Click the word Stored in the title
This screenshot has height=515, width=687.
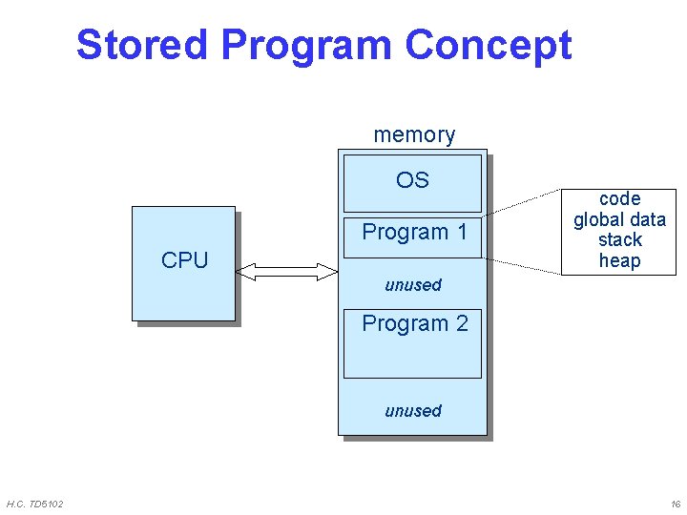[142, 45]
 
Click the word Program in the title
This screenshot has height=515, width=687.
[306, 45]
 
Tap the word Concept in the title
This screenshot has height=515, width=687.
[488, 45]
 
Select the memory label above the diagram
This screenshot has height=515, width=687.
[414, 134]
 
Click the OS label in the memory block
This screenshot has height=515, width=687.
[412, 180]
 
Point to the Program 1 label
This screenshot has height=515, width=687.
[414, 232]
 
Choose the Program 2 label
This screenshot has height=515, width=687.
[414, 323]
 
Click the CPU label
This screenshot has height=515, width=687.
[184, 260]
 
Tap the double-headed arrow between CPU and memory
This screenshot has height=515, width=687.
[286, 273]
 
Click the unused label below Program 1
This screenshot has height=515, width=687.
[412, 284]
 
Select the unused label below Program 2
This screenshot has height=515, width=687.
[412, 411]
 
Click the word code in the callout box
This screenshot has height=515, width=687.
[619, 198]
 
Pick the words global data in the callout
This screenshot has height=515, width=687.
[619, 219]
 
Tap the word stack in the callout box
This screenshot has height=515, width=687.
[619, 239]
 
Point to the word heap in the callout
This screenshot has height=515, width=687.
[619, 260]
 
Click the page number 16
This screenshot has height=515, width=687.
[675, 504]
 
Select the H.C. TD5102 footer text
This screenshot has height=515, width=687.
[35, 504]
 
